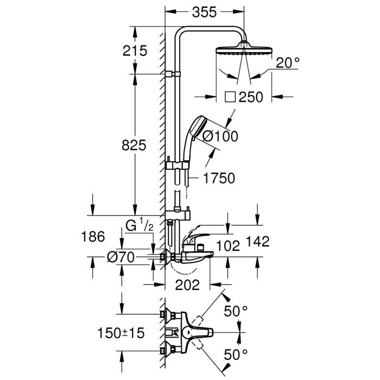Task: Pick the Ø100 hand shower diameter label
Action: [220, 137]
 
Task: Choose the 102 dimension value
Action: [229, 246]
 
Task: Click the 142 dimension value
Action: [258, 242]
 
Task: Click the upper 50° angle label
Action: [236, 312]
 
